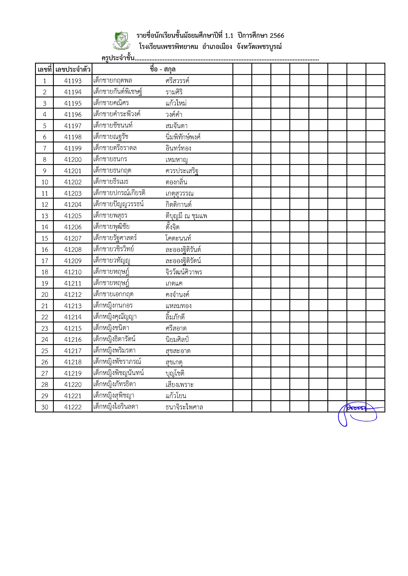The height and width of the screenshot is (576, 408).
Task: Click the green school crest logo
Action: point(121,40)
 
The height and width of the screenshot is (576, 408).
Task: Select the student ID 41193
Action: point(73,81)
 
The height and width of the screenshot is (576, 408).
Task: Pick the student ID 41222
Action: point(73,407)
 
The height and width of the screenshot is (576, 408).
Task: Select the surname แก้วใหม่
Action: point(176,103)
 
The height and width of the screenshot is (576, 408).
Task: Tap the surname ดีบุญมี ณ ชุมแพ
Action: point(186,216)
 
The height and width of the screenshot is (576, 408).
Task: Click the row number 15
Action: point(45,238)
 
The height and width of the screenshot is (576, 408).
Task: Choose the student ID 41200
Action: point(73,159)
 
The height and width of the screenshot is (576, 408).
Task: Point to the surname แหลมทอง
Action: point(178,306)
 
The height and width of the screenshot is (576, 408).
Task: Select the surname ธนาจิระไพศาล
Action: point(184,407)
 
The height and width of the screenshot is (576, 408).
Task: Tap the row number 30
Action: point(45,407)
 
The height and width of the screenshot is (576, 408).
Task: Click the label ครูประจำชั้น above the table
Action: point(118,58)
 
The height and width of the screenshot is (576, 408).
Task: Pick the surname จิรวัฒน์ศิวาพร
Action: point(184,272)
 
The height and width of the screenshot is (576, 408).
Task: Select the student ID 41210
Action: point(73,272)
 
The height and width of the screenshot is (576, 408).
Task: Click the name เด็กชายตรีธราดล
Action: point(115,148)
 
